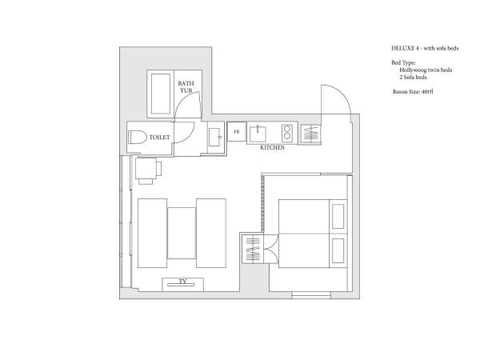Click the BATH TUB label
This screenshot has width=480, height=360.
pos(186,86)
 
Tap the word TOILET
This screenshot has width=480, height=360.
pos(160,138)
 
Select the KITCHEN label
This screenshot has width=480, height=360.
pos(272,148)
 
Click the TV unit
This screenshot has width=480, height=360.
pos(182,282)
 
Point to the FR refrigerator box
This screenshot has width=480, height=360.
pos(237,131)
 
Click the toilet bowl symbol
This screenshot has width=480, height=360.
pos(137,138)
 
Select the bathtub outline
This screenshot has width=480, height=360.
pos(160,94)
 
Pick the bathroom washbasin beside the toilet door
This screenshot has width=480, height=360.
pos(214,138)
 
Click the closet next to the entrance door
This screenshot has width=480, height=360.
pos(310,134)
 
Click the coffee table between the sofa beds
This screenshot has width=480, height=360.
pos(182,234)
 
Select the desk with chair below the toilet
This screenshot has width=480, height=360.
pos(147,169)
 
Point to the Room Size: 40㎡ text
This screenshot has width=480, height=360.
pos(413,92)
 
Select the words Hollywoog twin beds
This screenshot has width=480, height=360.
pos(426,70)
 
